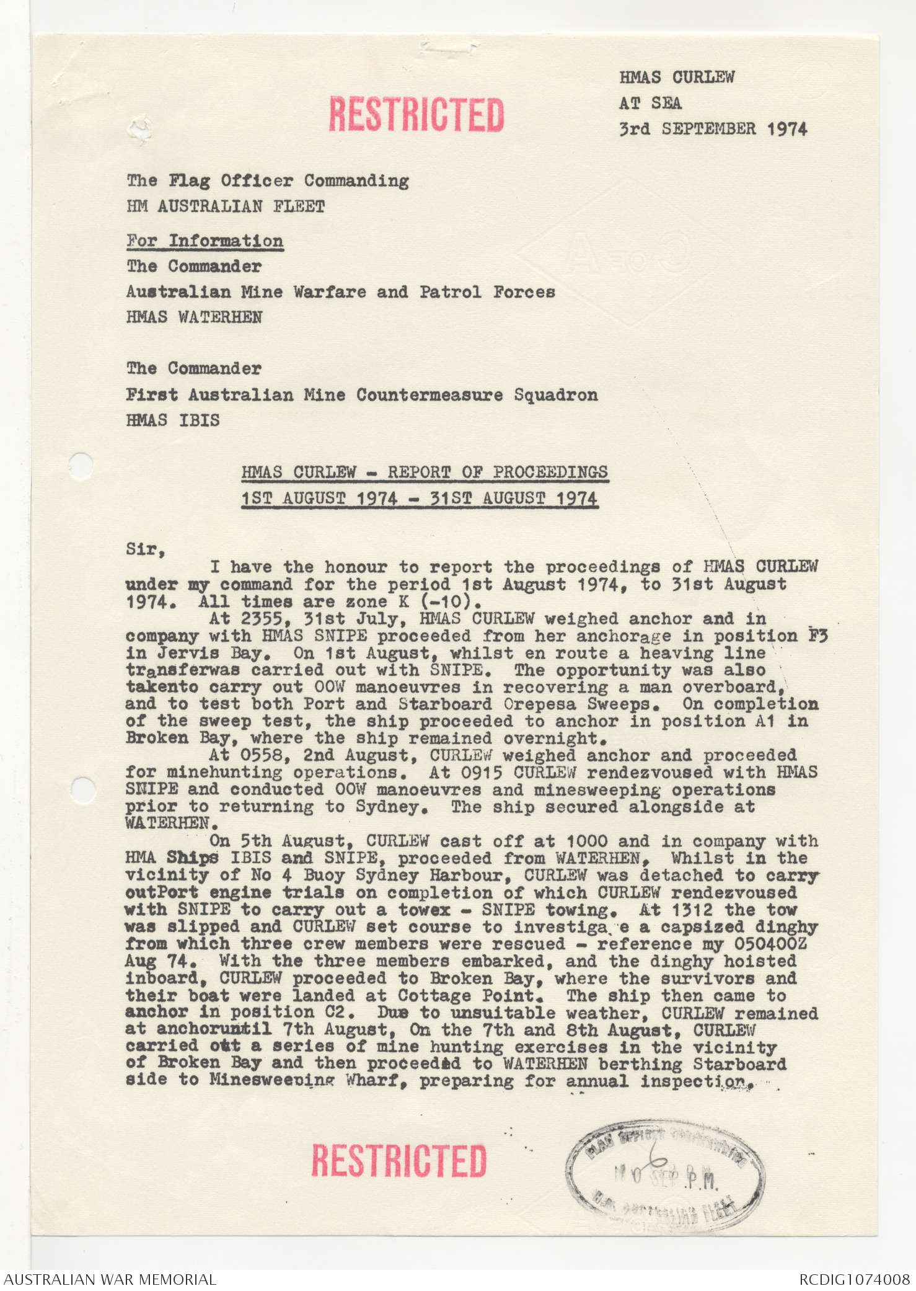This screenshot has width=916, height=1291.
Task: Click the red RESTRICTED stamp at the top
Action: [416, 114]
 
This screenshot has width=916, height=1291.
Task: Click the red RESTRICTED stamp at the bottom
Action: [399, 1160]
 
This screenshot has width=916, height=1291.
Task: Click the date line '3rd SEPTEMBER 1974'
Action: [713, 129]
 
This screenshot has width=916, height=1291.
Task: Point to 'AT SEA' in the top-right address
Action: [650, 103]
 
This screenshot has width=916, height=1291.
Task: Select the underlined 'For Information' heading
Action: [205, 241]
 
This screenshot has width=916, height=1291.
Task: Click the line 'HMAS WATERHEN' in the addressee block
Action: [194, 317]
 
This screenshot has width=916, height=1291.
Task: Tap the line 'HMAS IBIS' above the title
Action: [172, 420]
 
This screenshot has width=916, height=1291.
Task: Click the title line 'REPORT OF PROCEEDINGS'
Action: [425, 472]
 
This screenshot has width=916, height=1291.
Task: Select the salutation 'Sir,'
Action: [145, 549]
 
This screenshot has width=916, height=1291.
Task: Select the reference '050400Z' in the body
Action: [770, 944]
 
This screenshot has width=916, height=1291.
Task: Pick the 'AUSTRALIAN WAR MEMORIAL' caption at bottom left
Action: [110, 1279]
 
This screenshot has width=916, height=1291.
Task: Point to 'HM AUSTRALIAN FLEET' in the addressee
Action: [226, 206]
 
